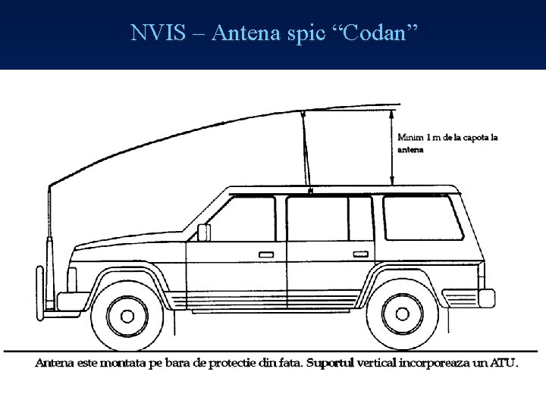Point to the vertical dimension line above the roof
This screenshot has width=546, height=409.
[392, 148]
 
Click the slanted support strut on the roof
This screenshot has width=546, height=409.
[307, 151]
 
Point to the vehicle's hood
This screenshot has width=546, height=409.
[129, 242]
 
